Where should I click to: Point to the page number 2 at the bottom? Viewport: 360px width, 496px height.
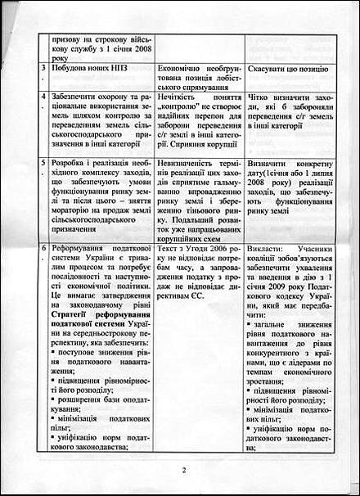[x=184, y=470]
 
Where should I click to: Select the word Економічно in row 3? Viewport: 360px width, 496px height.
[x=178, y=71]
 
